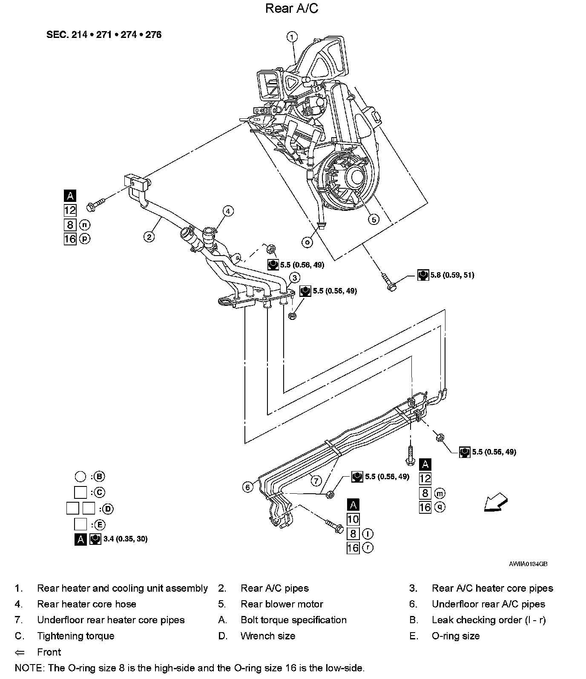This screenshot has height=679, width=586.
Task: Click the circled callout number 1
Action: coord(292,37)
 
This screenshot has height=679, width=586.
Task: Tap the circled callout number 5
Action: coord(373,219)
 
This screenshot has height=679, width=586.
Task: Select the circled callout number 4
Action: coord(228,211)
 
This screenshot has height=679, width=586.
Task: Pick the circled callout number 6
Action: coord(248,487)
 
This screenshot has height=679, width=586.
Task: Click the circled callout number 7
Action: coord(316,481)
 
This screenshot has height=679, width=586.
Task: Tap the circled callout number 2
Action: coord(149,236)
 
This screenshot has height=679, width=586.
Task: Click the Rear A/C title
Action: coord(292,8)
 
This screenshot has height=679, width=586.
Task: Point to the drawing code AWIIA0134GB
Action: coord(528,564)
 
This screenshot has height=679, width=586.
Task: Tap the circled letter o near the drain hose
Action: coord(307,242)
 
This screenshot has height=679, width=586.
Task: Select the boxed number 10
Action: coord(353,519)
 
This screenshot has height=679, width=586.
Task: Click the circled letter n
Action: coord(85,224)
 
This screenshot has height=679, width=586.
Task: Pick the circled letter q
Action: coord(439,507)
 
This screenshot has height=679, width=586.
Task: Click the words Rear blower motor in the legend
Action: coord(282,604)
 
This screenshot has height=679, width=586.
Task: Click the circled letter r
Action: coord(368,547)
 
